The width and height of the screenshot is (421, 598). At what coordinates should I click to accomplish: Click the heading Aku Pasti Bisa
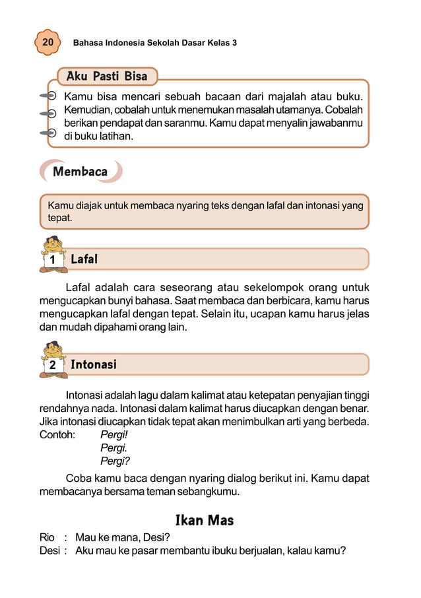pyautogui.click(x=106, y=76)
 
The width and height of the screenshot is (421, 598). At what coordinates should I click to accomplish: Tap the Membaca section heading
pyautogui.click(x=80, y=172)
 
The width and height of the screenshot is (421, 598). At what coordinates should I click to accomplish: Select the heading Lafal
pyautogui.click(x=84, y=259)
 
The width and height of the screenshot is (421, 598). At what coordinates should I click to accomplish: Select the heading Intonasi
pyautogui.click(x=93, y=364)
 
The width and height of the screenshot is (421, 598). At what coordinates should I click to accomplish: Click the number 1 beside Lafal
pyautogui.click(x=52, y=261)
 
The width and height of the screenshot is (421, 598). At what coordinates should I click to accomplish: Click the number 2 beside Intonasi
pyautogui.click(x=52, y=366)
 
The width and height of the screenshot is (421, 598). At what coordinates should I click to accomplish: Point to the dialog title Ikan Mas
pyautogui.click(x=204, y=521)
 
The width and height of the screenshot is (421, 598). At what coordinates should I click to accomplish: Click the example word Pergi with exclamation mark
pyautogui.click(x=113, y=435)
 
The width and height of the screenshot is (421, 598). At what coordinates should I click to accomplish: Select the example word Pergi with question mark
pyautogui.click(x=115, y=461)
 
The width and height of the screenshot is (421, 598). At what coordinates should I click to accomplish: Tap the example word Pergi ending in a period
pyautogui.click(x=113, y=448)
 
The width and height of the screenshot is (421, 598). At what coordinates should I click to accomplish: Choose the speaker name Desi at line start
pyautogui.click(x=49, y=550)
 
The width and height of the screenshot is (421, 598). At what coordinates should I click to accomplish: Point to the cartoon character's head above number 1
pyautogui.click(x=53, y=244)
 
